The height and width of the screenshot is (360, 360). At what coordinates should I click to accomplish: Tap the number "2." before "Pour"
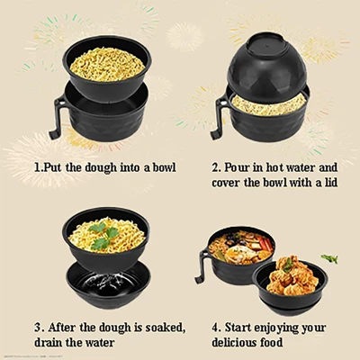coord(217,167)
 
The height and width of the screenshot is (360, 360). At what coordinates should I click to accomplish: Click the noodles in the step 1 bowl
coord(107,64)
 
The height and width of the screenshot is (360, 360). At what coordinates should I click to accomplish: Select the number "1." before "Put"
coord(39,167)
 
